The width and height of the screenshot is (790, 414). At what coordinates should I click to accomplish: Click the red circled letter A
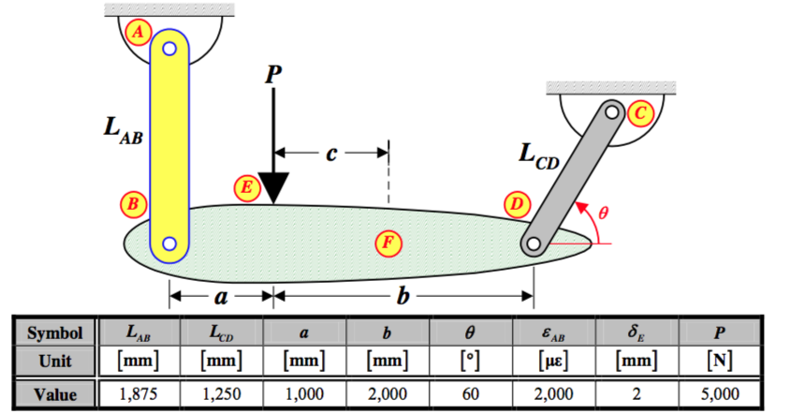point(138,32)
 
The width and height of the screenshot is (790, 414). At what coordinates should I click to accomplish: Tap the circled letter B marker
point(133,204)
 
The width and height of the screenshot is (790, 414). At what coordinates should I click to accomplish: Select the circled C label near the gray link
point(640,113)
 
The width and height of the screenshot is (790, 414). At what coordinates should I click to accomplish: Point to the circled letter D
point(518,204)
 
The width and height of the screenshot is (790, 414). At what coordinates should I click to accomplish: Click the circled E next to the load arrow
point(247,187)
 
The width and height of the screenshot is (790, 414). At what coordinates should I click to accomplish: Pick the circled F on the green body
point(388,243)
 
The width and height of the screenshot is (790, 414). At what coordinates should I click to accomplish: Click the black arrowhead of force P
point(273,188)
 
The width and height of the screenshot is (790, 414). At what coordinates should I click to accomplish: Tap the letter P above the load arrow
point(273,75)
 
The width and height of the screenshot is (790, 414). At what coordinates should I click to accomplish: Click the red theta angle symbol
point(603,213)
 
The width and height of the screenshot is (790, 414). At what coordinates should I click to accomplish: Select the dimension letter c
point(331,154)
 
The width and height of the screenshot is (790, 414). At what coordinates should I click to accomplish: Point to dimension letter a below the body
point(221,297)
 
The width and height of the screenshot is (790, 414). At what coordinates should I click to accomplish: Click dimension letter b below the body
point(402,295)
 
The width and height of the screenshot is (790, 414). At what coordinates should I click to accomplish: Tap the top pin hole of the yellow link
point(169,49)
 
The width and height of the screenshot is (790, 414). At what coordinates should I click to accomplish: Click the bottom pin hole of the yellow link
point(169,244)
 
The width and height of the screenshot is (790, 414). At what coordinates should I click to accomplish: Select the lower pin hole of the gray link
point(533,244)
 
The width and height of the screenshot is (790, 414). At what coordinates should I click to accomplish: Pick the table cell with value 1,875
point(139,393)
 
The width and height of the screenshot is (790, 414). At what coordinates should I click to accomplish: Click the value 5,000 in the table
point(720,393)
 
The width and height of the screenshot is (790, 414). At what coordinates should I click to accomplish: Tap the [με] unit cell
point(554,361)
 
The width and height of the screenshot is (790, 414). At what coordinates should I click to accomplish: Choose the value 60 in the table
point(471,393)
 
